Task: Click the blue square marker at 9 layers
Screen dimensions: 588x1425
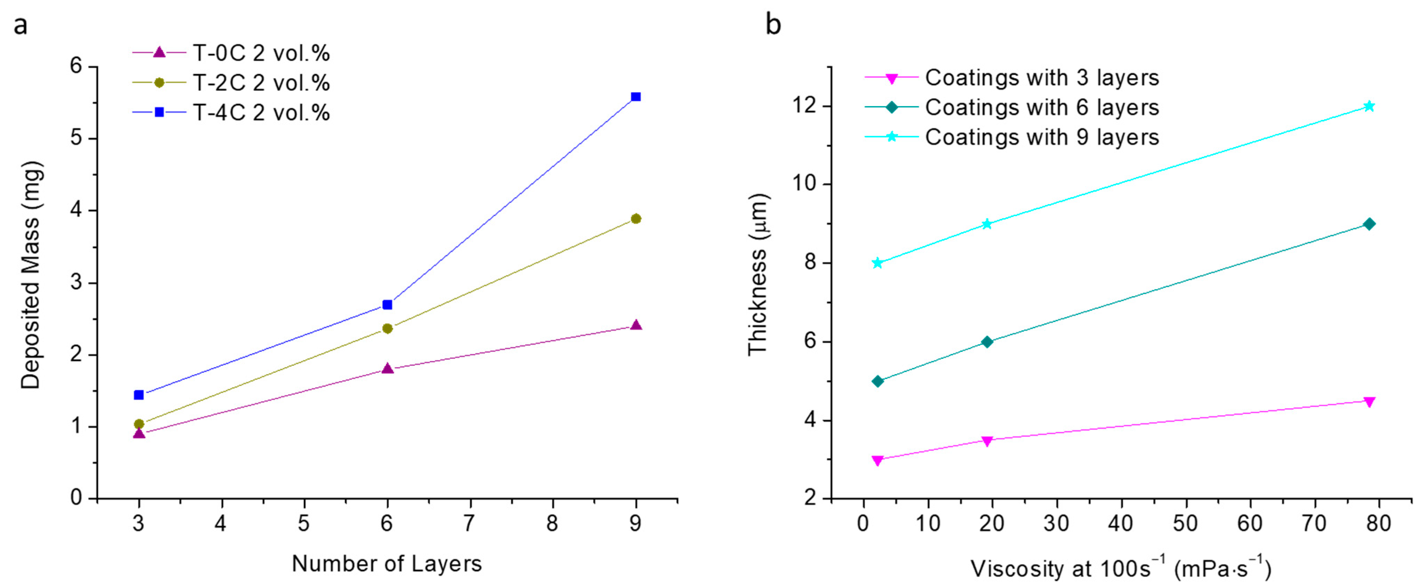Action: (x=635, y=97)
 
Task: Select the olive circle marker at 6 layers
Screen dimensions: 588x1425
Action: (x=387, y=329)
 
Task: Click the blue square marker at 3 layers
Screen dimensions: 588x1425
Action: (x=139, y=395)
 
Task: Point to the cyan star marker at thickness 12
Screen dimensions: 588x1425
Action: (x=1369, y=106)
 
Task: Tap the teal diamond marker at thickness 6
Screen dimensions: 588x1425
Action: (x=987, y=342)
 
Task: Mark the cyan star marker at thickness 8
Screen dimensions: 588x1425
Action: (x=877, y=263)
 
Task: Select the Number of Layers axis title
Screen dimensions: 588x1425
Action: (x=387, y=564)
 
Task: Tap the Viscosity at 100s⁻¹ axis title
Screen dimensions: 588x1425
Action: (x=1121, y=568)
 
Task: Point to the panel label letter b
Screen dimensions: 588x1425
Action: (x=773, y=24)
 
